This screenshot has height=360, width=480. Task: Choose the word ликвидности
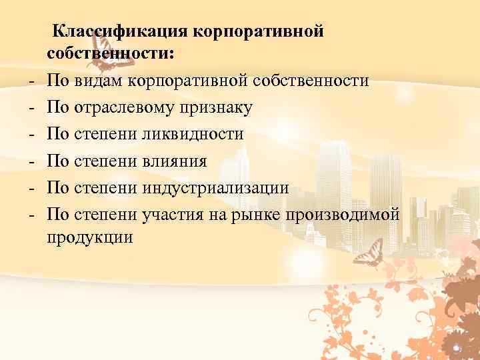point(193,134)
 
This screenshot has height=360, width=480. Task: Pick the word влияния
point(175,161)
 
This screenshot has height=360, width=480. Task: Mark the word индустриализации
point(216,187)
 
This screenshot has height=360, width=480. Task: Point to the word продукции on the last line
point(90,238)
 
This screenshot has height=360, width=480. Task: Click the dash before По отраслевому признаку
point(31,108)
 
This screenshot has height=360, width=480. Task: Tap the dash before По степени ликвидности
point(31,134)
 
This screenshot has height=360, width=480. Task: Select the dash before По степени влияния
point(31,161)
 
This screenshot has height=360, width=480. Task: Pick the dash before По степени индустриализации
point(31,187)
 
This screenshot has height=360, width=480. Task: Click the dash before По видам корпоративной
point(31,81)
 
